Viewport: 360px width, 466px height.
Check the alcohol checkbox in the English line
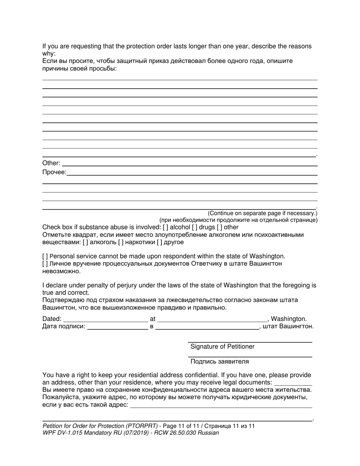click(165, 227)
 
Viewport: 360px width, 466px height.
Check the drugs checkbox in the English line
click(194, 227)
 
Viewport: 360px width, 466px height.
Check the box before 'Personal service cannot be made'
click(45, 256)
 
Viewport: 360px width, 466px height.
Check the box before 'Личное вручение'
click(45, 264)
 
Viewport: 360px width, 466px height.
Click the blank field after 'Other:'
click(189, 164)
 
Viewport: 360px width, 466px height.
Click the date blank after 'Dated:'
click(105, 319)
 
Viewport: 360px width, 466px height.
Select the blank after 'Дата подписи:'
click(117, 327)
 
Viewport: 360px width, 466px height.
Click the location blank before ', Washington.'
click(212, 319)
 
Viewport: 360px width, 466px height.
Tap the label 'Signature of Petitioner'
click(222, 347)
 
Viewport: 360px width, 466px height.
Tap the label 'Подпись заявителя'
click(219, 361)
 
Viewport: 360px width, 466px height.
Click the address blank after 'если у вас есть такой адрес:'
click(221, 405)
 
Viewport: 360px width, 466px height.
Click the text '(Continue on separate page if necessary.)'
click(262, 213)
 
